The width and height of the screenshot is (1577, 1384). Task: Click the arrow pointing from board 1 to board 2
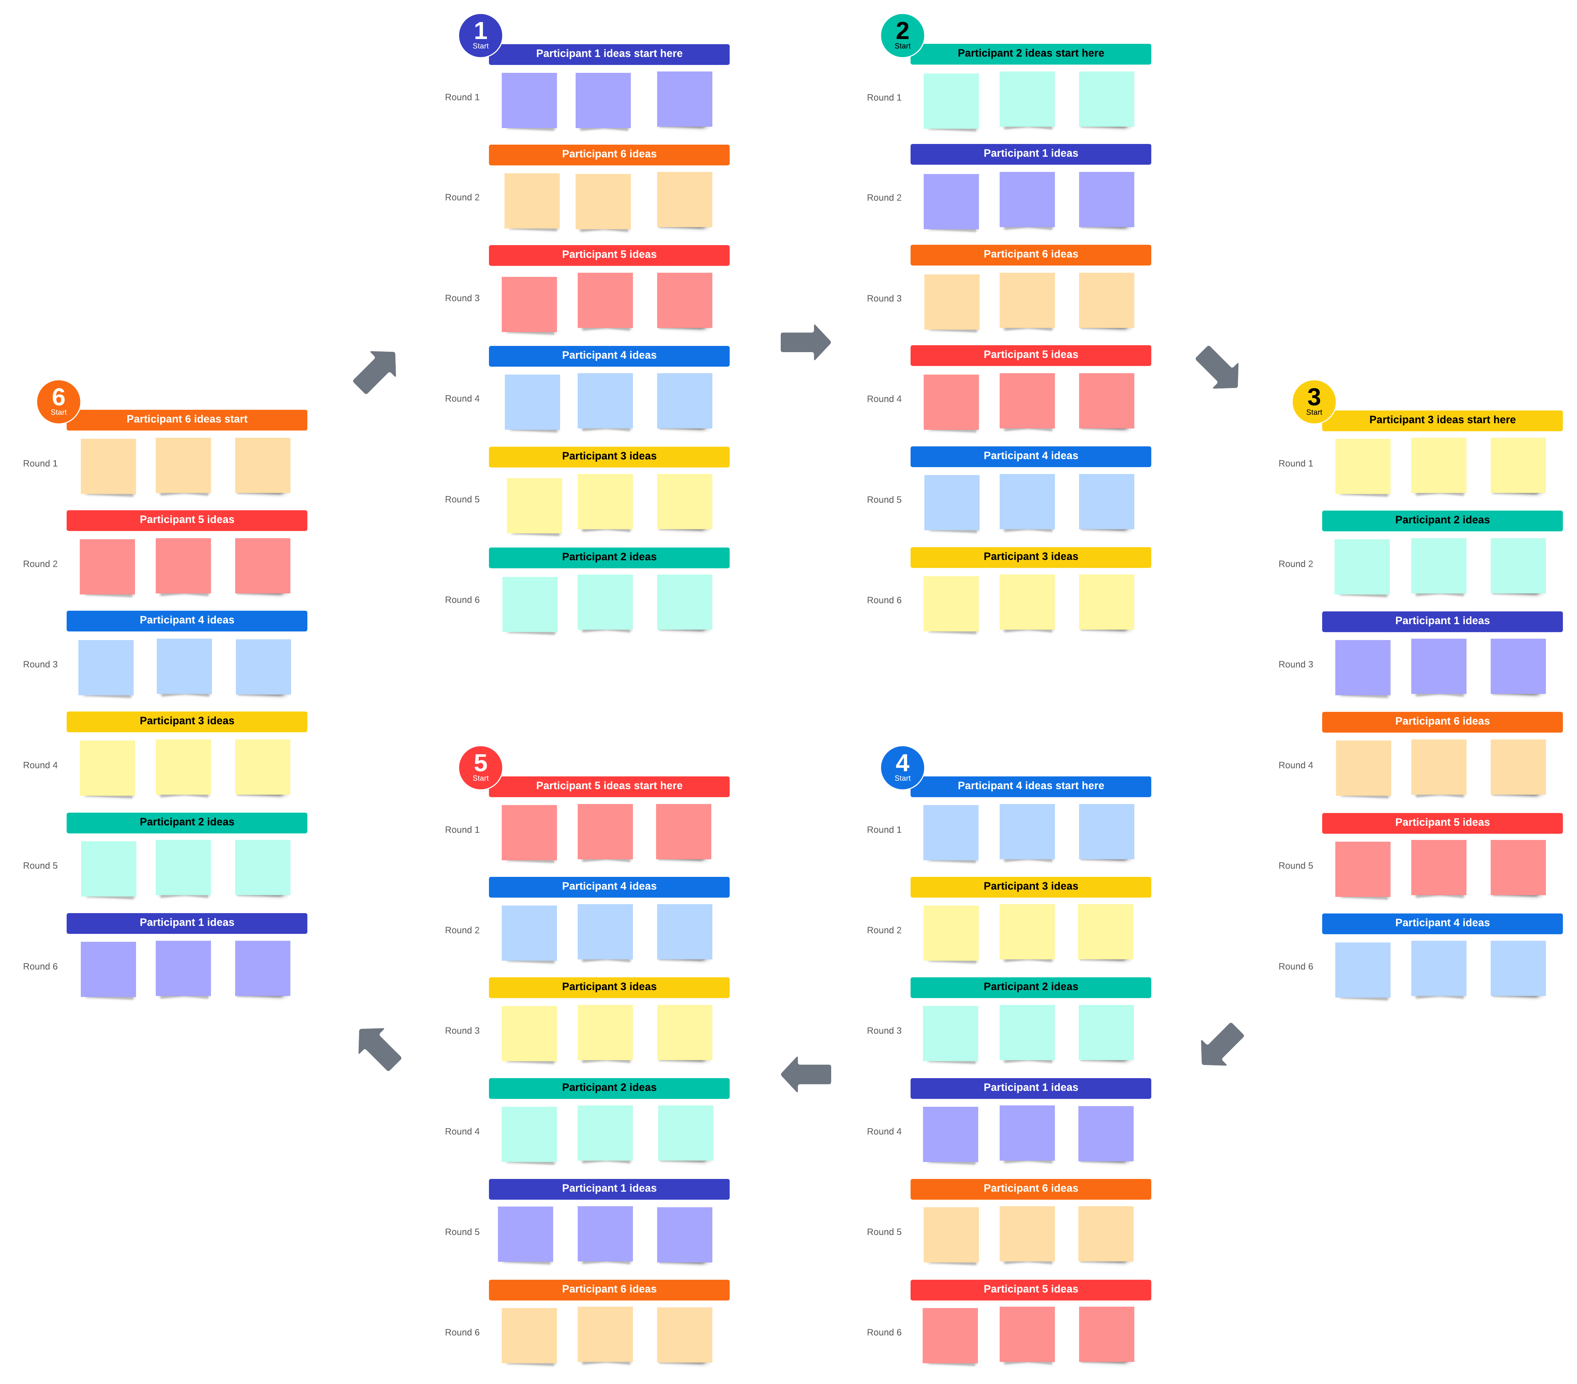click(x=805, y=342)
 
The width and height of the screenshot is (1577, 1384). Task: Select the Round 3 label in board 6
click(x=40, y=664)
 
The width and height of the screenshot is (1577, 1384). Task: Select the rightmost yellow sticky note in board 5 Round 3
click(x=684, y=1032)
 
